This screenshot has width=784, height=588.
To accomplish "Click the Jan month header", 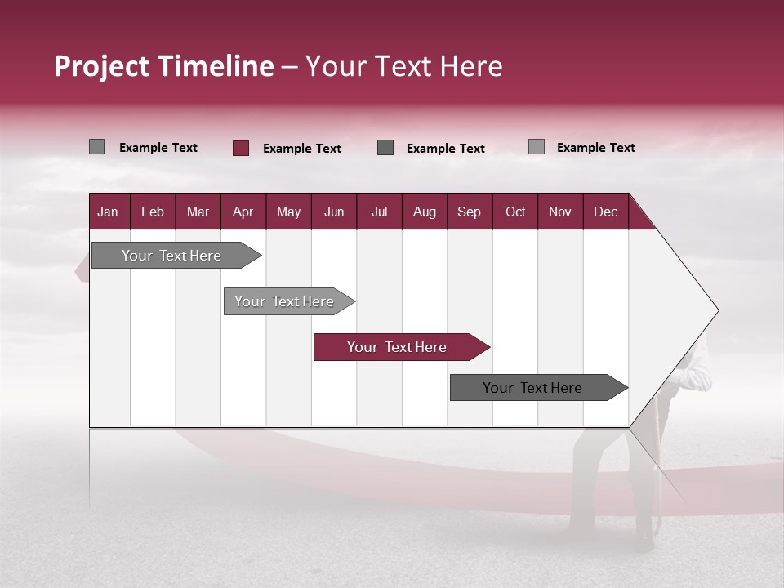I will pyautogui.click(x=108, y=212).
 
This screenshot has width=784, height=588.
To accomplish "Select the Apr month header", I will pyautogui.click(x=243, y=212).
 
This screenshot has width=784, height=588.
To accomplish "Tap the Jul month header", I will pyautogui.click(x=379, y=212).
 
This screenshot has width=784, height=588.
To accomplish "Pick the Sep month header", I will pyautogui.click(x=469, y=212).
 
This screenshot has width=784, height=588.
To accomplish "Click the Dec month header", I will pyautogui.click(x=605, y=212).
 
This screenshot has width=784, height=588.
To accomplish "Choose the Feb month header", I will pyautogui.click(x=153, y=212).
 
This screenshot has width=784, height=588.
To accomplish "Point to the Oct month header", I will pyautogui.click(x=515, y=212).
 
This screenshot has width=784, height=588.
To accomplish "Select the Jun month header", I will pyautogui.click(x=334, y=212).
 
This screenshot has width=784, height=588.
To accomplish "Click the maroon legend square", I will pyautogui.click(x=240, y=148).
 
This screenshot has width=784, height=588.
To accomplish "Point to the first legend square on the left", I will pyautogui.click(x=96, y=147).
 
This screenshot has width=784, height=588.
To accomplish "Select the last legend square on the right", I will pyautogui.click(x=536, y=147).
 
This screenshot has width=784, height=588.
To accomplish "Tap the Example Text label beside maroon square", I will pyautogui.click(x=301, y=149).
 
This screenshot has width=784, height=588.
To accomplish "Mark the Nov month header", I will pyautogui.click(x=560, y=212).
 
